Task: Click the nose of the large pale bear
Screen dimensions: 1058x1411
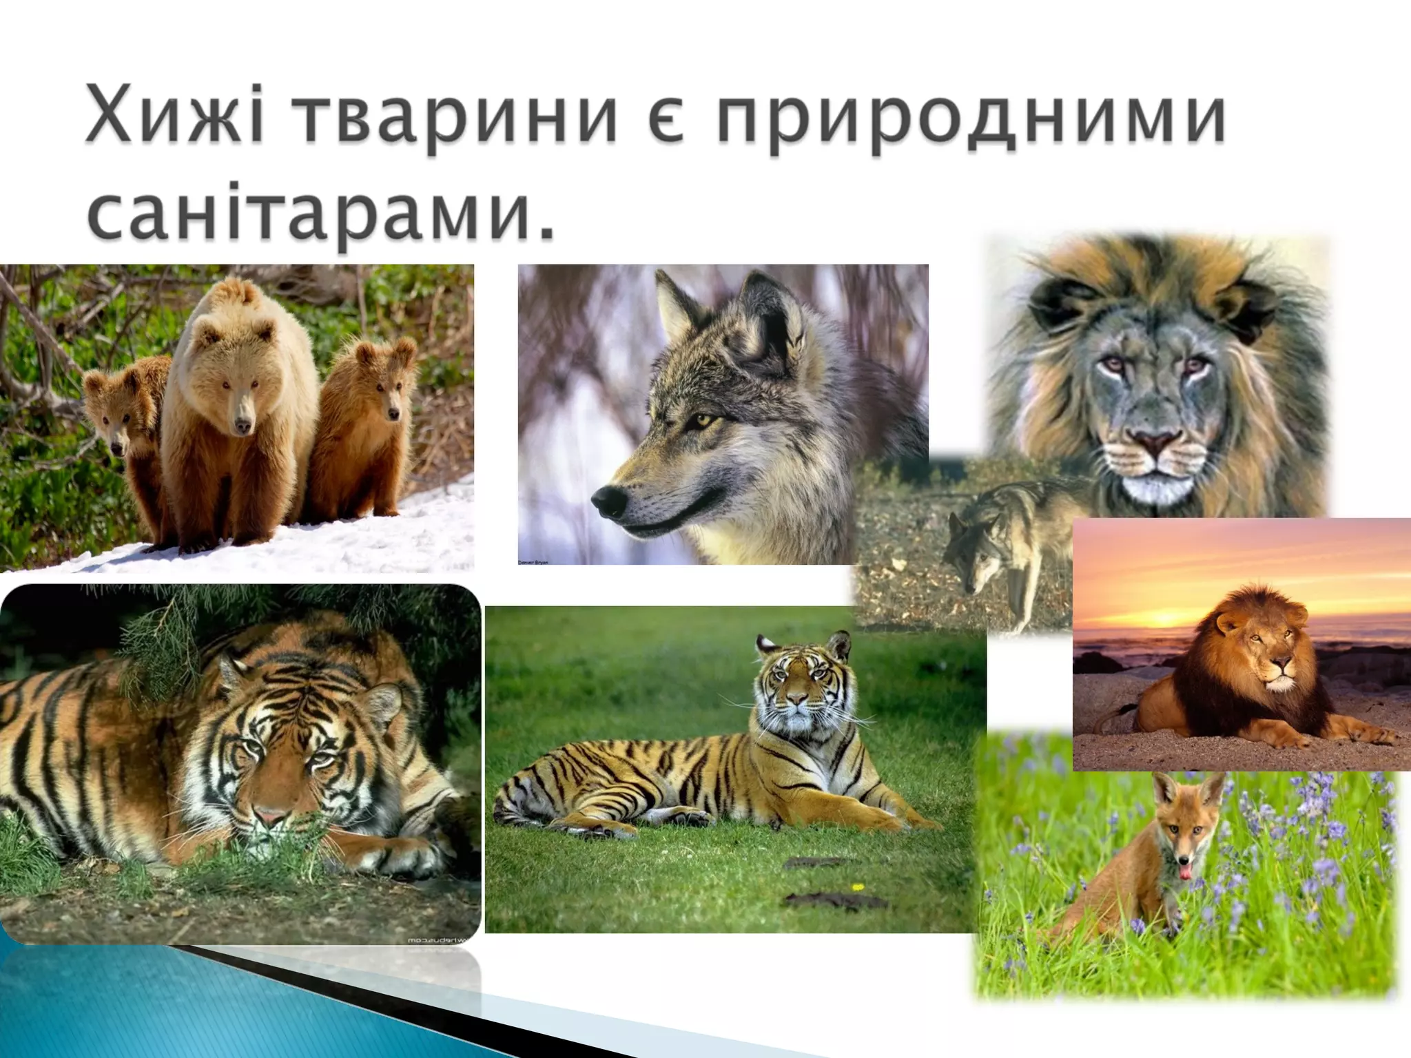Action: pyautogui.click(x=241, y=426)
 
